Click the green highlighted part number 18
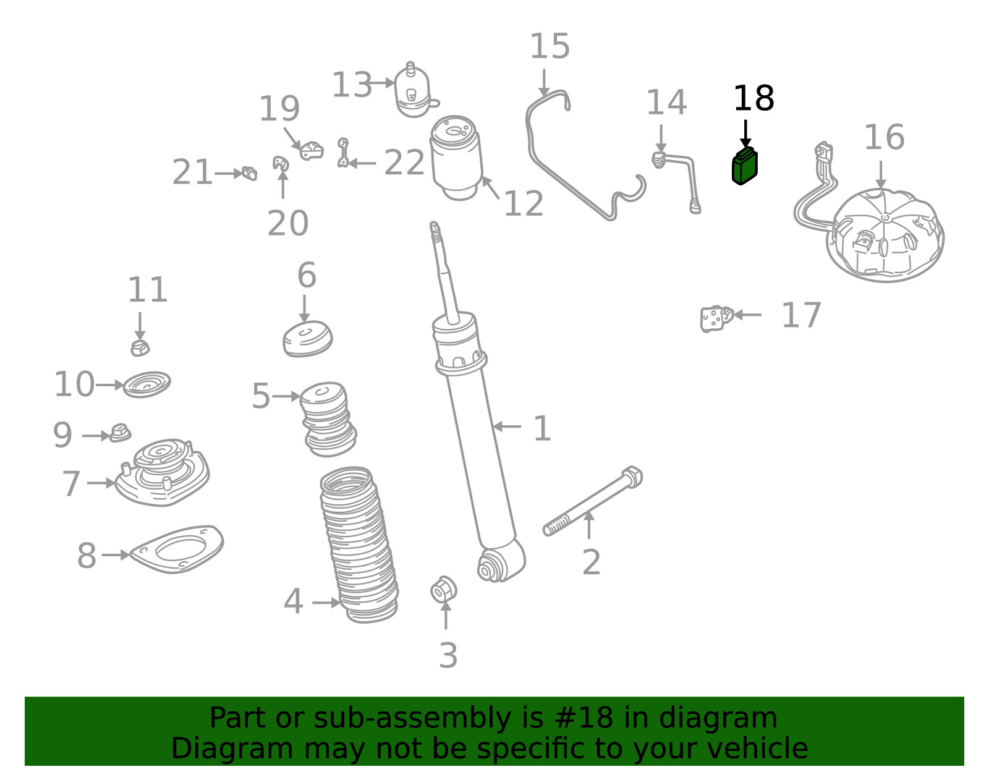coord(744,166)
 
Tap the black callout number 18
coord(753,98)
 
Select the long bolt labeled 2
coord(592,501)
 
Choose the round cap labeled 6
coord(308,339)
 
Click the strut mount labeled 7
coord(162,472)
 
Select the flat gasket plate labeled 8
coord(177,549)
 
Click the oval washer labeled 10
coord(146,384)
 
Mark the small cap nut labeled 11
coord(140,348)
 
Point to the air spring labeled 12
coord(457,158)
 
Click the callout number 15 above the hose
coord(550,46)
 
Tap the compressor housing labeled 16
coord(885,235)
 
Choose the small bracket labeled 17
coord(716,319)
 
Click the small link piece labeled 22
coord(343,153)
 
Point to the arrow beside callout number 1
coord(507,426)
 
